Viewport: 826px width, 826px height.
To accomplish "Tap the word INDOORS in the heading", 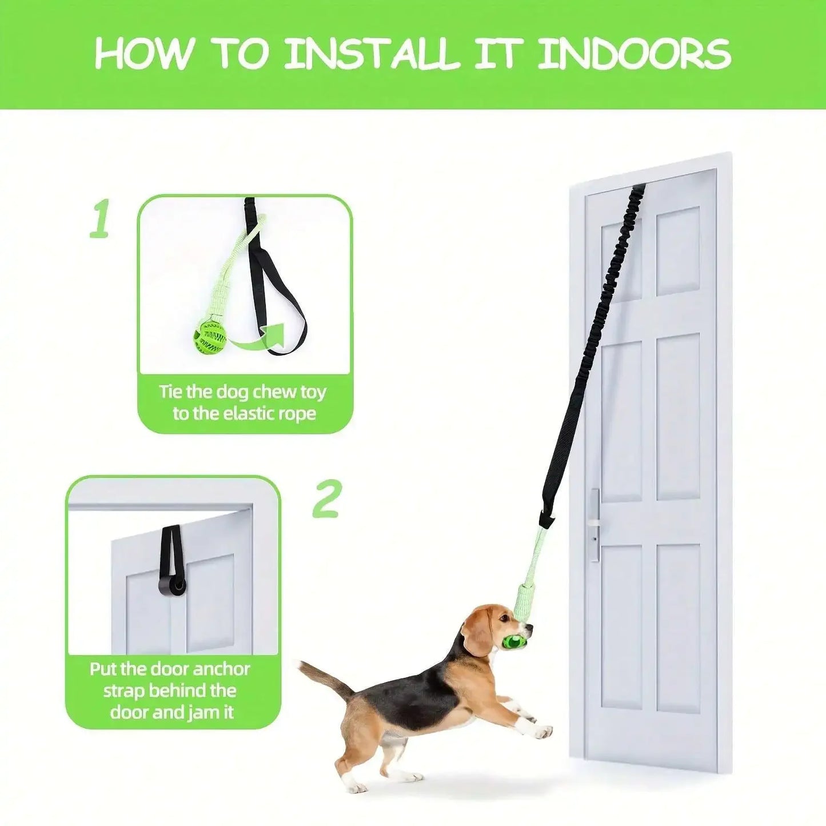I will click(635, 54).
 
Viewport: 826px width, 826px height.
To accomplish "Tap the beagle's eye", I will click(504, 618).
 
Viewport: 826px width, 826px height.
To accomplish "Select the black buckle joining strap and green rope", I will click(546, 520).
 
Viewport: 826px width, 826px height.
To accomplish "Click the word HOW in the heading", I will click(143, 54).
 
